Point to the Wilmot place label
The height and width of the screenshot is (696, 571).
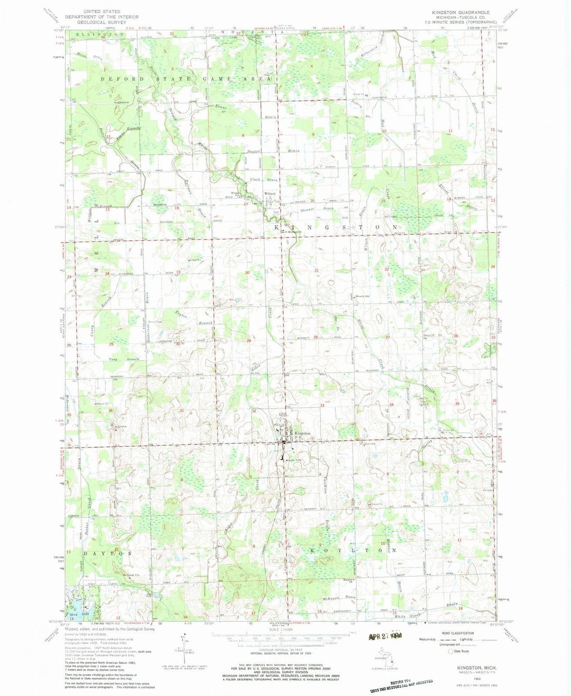[x=270, y=193]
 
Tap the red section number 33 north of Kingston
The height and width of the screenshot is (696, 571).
[x=322, y=405]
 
